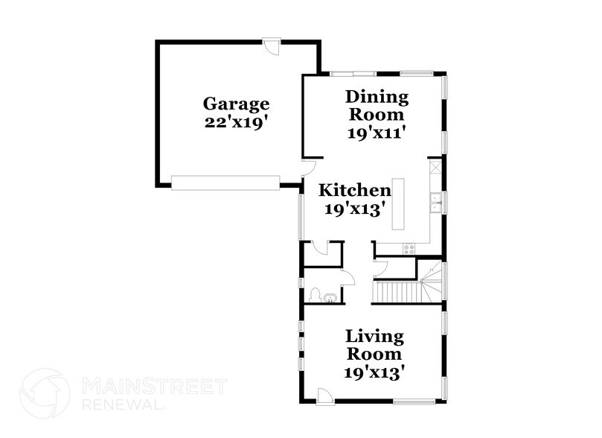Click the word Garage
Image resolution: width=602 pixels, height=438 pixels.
(x=237, y=104)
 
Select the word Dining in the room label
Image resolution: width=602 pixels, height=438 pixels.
(x=377, y=98)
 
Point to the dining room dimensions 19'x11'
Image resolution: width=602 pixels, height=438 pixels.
(x=377, y=133)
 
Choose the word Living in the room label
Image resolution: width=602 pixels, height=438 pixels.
(x=375, y=338)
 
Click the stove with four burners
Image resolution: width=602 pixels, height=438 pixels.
(x=409, y=248)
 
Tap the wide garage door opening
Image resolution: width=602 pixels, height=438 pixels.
(x=225, y=182)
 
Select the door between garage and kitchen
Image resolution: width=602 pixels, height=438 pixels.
(x=308, y=168)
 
